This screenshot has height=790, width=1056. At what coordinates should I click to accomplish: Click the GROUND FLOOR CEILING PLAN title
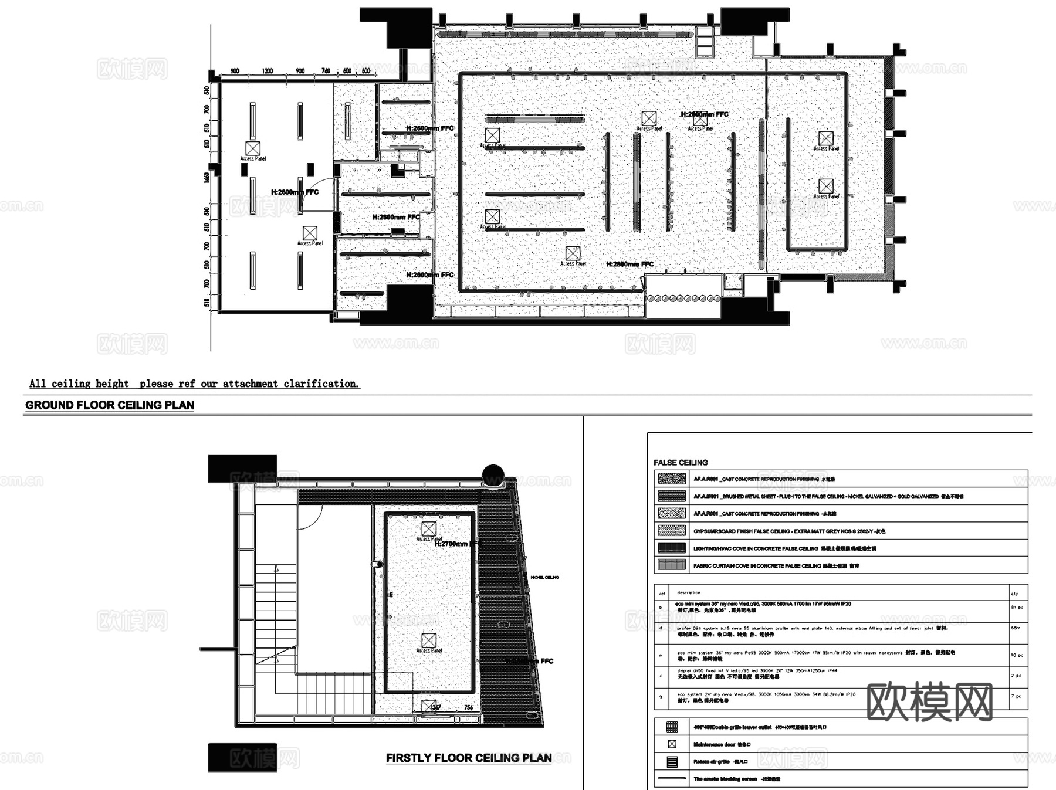[109, 405]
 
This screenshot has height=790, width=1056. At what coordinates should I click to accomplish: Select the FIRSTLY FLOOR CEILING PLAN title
[468, 758]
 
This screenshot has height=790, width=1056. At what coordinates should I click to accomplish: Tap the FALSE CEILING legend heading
[681, 463]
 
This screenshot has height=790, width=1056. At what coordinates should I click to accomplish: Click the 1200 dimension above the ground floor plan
[268, 71]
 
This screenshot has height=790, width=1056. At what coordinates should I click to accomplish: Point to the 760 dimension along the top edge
[326, 71]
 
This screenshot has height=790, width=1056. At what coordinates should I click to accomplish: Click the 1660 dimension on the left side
[207, 177]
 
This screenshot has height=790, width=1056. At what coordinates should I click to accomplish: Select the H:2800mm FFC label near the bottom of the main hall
[629, 265]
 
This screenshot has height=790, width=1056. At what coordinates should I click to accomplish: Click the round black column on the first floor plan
[493, 474]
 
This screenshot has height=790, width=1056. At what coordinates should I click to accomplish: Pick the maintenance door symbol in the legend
[672, 744]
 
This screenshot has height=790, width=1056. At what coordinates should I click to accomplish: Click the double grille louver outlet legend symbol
[672, 727]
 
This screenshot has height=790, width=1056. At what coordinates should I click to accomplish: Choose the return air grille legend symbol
[672, 762]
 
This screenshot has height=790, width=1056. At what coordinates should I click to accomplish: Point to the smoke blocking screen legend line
[672, 778]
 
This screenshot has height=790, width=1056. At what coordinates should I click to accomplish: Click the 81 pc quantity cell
[1017, 608]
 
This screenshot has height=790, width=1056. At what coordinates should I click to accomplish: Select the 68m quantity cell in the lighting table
[1017, 628]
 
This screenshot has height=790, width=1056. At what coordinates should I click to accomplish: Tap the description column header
[688, 593]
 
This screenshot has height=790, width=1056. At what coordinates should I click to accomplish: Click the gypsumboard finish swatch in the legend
[671, 531]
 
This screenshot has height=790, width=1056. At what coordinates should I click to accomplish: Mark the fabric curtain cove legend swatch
[671, 565]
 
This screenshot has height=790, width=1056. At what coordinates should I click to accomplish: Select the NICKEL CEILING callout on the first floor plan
[544, 577]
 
